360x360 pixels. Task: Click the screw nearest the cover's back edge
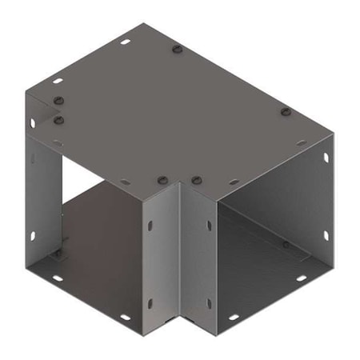[x=177, y=50]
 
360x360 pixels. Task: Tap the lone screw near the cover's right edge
[x=285, y=112]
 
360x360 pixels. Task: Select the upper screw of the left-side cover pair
[x=58, y=101]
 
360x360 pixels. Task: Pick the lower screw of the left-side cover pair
[x=58, y=119]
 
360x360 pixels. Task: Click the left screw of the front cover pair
[x=162, y=179]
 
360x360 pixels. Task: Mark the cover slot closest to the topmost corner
[x=126, y=41]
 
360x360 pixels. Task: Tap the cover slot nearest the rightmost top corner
[x=301, y=142]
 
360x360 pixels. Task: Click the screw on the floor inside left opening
[x=57, y=253]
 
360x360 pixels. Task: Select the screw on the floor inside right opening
[x=286, y=243]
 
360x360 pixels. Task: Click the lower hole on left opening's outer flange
[x=33, y=234]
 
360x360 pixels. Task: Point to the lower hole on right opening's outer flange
[x=326, y=235]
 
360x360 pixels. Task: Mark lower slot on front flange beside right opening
[x=210, y=302]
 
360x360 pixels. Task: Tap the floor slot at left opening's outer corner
[x=58, y=279]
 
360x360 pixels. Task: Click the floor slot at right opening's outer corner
[x=302, y=278]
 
